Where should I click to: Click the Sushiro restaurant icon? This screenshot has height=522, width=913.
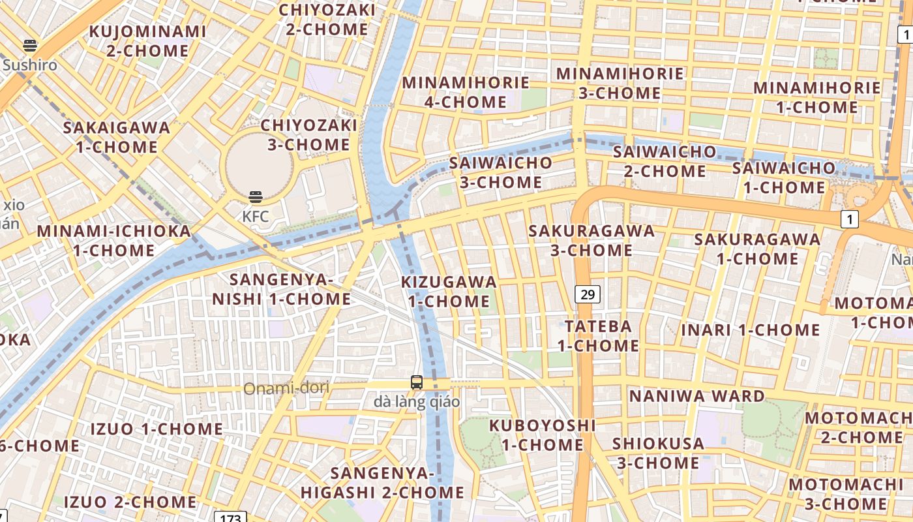click(x=30, y=46)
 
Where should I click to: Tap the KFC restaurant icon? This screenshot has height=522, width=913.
click(x=256, y=197)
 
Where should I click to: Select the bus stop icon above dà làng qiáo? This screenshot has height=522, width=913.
click(x=417, y=382)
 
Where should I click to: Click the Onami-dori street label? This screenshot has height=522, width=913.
click(x=286, y=388)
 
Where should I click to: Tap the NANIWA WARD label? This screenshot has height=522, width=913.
click(x=696, y=396)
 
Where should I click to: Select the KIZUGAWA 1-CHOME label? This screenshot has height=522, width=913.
click(x=449, y=292)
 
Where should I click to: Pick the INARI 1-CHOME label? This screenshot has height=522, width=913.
click(x=751, y=330)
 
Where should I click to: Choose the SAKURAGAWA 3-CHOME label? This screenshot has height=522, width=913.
click(x=591, y=240)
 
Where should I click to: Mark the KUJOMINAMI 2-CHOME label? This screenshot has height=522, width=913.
click(x=148, y=40)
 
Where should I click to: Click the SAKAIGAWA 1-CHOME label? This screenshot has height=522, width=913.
click(x=117, y=137)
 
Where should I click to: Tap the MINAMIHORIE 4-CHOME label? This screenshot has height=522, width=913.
click(x=466, y=92)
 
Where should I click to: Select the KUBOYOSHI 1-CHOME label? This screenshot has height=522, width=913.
click(x=543, y=435)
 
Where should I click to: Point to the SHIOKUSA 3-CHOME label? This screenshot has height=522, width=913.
click(x=658, y=453)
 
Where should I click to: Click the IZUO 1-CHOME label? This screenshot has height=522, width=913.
click(x=157, y=429)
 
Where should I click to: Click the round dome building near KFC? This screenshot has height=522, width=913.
click(x=259, y=166)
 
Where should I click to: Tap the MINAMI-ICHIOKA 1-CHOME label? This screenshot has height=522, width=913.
click(x=114, y=240)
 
